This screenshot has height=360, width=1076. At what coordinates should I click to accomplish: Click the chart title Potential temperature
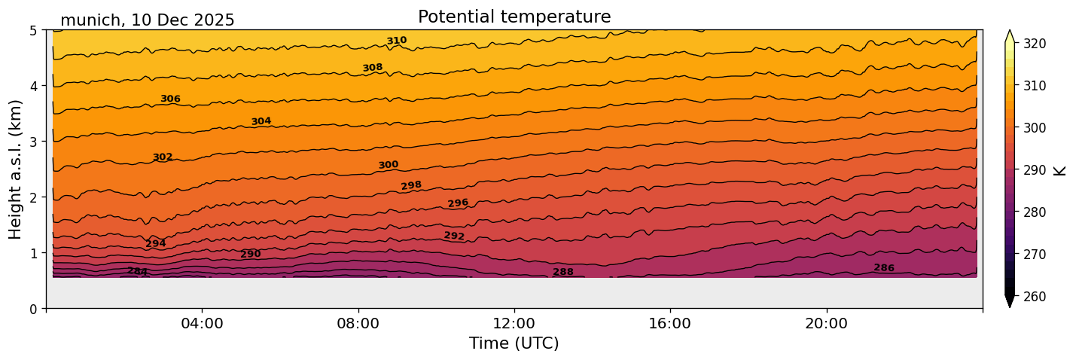[514, 17]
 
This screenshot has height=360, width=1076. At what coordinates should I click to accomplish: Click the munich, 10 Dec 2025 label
[148, 20]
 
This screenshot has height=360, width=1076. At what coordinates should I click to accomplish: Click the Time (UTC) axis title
[514, 343]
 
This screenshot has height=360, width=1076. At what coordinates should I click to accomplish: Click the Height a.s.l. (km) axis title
[16, 169]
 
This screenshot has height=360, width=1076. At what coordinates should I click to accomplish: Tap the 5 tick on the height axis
[34, 30]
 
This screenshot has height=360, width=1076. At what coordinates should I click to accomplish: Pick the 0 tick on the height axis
[34, 309]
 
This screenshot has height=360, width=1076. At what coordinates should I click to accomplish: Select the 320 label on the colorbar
[1033, 44]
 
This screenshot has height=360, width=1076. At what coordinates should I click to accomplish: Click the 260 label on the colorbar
[1033, 297]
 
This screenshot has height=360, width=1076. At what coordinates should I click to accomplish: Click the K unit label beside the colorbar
[1060, 170]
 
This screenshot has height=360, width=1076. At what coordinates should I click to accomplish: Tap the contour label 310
[397, 41]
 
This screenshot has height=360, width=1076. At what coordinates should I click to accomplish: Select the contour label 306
[170, 99]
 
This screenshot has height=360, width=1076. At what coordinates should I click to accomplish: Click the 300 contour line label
[389, 165]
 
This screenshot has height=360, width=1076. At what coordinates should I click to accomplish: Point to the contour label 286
[884, 268]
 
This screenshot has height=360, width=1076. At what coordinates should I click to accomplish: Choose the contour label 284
[137, 271]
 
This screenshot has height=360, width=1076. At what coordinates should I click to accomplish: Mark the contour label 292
[454, 236]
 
